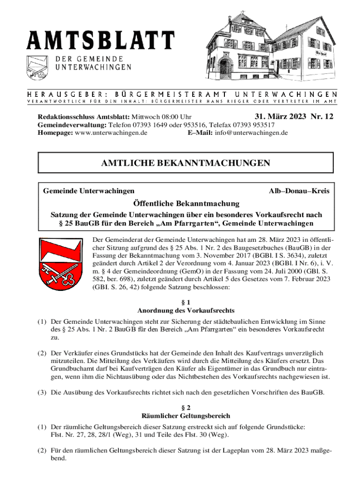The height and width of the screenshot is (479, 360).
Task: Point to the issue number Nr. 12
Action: (322, 117)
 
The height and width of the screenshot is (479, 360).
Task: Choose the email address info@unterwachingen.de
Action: (251, 133)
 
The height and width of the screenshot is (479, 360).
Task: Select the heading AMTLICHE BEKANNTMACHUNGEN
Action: (186, 163)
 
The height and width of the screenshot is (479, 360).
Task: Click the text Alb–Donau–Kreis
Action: (299, 191)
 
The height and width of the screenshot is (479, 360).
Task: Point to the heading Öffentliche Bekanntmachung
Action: (186, 203)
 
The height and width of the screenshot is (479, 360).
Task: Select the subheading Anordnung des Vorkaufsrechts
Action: (186, 311)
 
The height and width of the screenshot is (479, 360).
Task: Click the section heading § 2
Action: (186, 407)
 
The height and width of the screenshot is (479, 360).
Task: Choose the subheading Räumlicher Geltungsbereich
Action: (186, 415)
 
